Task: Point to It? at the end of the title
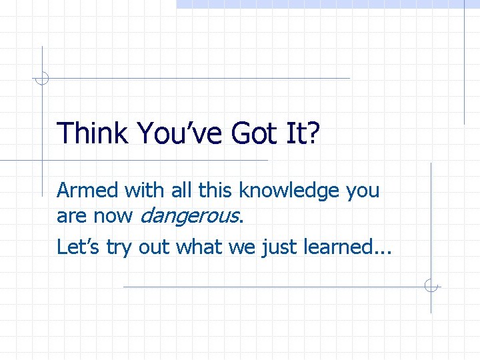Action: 304,133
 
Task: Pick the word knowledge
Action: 289,191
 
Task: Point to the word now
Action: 111,216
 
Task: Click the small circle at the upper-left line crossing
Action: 42,79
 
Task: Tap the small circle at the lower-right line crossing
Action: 431,287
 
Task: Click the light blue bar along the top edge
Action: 327,3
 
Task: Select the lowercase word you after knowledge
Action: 363,192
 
